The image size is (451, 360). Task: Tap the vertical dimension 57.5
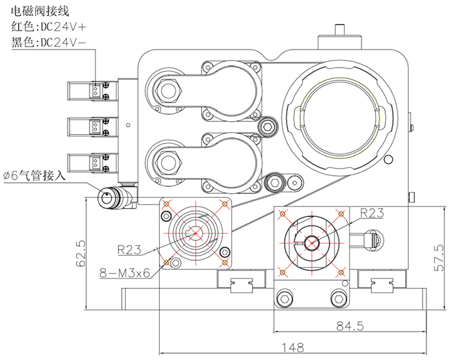440,257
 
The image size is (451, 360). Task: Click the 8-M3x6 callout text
126,272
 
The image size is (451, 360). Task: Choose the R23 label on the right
372,211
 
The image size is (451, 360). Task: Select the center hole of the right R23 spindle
312,243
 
